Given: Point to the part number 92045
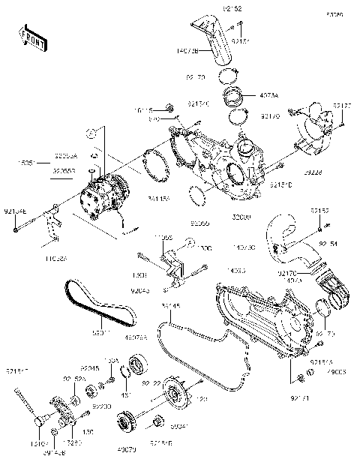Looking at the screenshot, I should tap(91, 368).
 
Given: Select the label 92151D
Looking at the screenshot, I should tap(280, 184).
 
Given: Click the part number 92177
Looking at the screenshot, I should tap(342, 107).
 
